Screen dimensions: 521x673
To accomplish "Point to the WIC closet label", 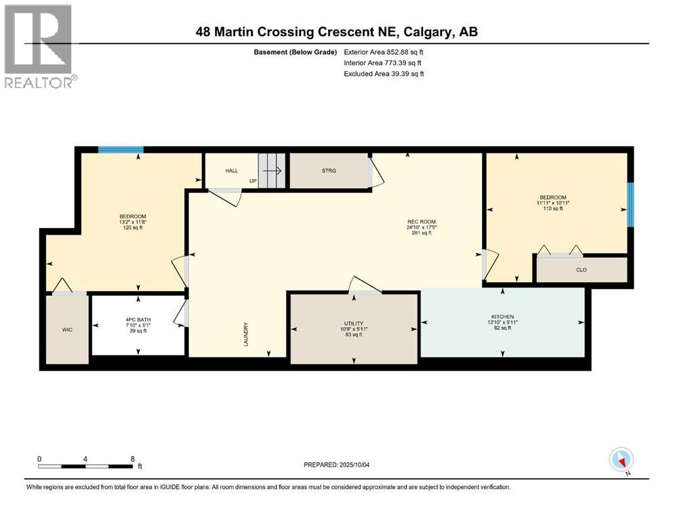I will point(67,330).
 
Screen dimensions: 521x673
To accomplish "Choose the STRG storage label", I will point(329,171).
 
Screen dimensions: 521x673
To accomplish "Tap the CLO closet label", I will point(581,269).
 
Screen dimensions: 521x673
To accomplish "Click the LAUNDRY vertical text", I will point(247,334).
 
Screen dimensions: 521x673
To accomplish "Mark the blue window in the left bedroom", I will point(121,149).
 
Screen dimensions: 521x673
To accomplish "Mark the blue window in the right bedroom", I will point(630,205).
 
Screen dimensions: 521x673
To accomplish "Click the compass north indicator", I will point(621,460).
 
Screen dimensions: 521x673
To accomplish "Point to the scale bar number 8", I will point(133,459).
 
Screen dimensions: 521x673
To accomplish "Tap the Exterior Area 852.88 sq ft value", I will point(384,52).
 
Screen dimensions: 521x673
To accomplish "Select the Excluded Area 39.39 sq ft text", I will point(384,73).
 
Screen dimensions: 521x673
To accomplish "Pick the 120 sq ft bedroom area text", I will point(133,228).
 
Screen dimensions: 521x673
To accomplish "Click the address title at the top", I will point(336,32).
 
